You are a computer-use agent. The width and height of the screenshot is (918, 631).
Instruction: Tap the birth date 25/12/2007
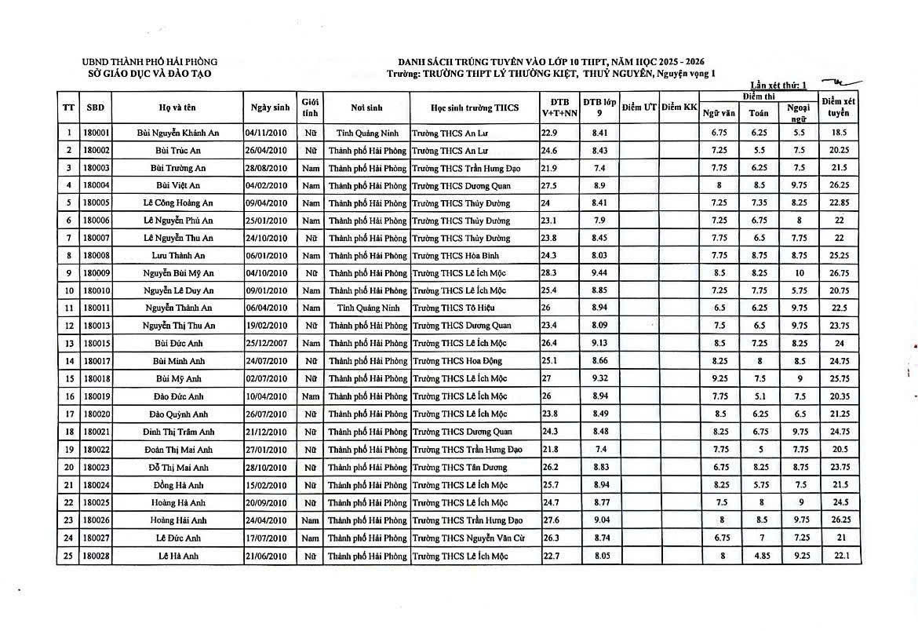click(268, 343)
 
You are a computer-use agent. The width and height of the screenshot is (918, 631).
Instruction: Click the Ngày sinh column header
click(271, 108)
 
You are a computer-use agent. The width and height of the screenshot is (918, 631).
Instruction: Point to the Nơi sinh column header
click(367, 108)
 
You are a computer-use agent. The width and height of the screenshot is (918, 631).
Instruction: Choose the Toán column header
click(759, 113)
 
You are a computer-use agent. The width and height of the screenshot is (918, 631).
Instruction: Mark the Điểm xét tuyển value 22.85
click(839, 203)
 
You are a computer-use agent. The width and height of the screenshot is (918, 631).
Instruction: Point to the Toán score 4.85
click(759, 556)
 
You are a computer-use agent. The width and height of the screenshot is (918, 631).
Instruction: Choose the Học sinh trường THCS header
click(475, 108)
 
